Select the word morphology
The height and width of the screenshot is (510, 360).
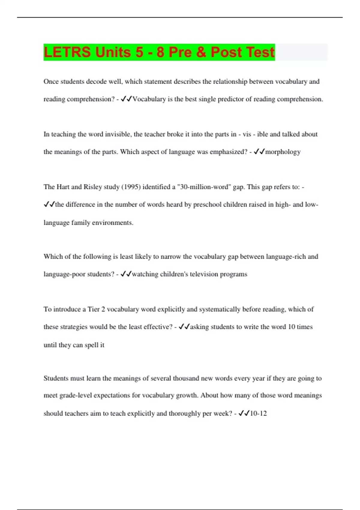click(283, 152)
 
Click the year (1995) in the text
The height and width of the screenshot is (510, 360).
click(131, 187)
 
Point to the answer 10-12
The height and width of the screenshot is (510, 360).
click(258, 413)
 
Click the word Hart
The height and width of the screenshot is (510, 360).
click(63, 187)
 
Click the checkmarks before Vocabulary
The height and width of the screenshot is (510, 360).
click(126, 99)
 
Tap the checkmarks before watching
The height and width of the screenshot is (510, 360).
click(126, 274)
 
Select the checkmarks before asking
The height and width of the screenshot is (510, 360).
click(184, 327)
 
